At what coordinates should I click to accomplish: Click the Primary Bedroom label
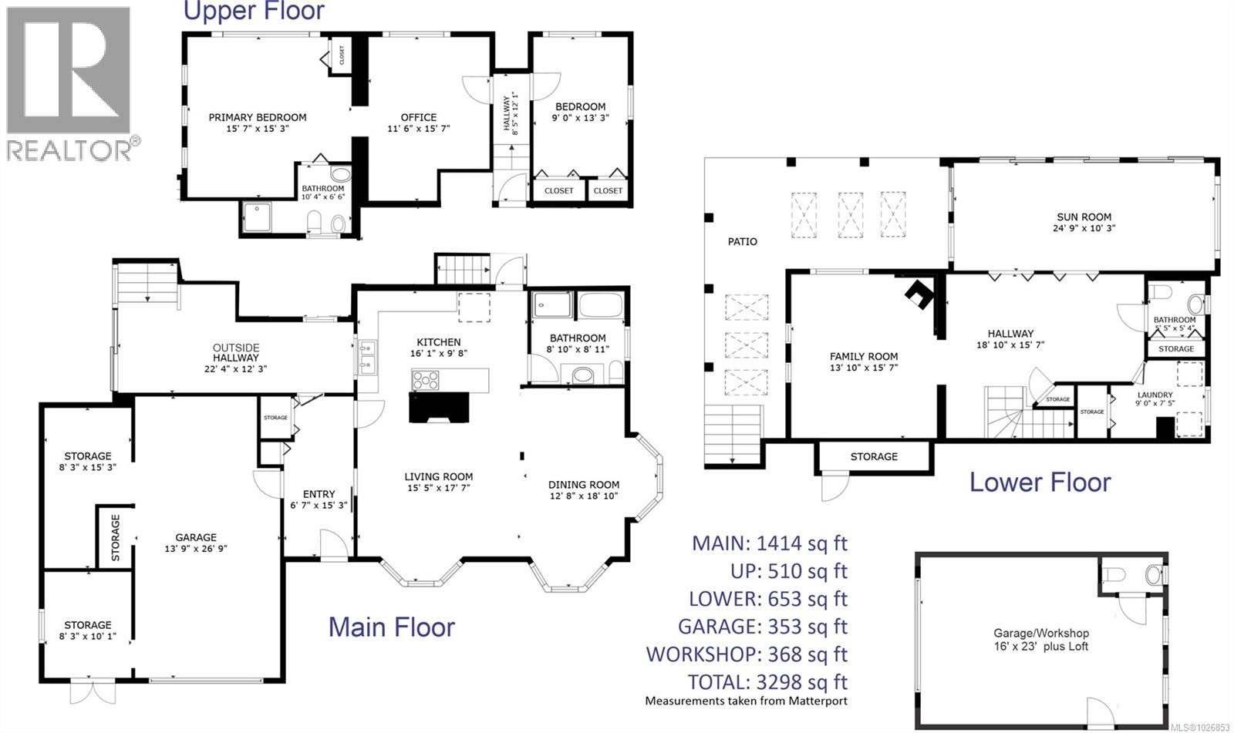[258, 118]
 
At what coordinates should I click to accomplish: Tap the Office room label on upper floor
[418, 118]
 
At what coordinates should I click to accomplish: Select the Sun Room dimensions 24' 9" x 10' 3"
[1084, 228]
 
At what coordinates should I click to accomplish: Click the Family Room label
[864, 356]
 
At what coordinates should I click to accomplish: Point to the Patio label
[743, 242]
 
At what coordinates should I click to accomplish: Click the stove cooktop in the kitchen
[426, 379]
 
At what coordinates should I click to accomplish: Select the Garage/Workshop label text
[1040, 634]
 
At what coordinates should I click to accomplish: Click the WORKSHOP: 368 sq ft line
[746, 654]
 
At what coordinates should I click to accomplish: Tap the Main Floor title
[391, 627]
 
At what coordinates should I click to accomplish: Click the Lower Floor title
[1040, 483]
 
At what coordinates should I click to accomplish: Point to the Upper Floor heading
[253, 11]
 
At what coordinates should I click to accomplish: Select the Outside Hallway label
[236, 352]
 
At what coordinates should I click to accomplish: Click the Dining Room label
[584, 485]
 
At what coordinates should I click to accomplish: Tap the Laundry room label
[1155, 395]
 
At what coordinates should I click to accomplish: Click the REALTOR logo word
[69, 149]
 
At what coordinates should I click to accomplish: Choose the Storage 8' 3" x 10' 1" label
[87, 625]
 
